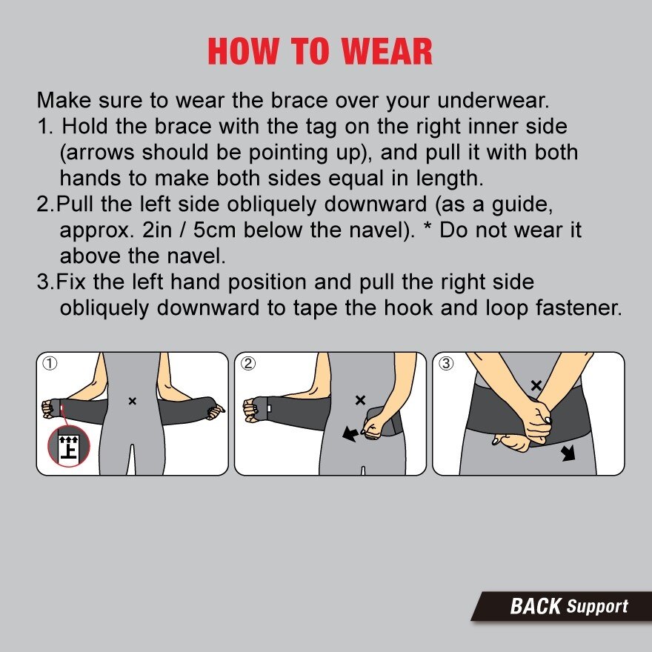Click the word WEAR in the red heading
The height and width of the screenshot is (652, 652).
(x=387, y=51)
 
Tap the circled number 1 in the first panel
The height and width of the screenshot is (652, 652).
(x=50, y=364)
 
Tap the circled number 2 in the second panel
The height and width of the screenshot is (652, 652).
(x=248, y=364)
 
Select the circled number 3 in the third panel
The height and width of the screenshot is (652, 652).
(x=446, y=364)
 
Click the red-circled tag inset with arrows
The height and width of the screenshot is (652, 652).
(x=69, y=447)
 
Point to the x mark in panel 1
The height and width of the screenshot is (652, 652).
(x=132, y=402)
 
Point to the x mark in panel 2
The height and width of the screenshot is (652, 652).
(x=361, y=400)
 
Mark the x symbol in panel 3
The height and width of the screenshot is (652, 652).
(x=536, y=385)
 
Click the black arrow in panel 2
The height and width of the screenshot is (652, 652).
(x=350, y=434)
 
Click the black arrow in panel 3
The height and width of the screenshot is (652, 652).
(x=568, y=453)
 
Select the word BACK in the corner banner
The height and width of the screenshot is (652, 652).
(x=536, y=606)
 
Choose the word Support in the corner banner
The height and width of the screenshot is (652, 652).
(x=597, y=607)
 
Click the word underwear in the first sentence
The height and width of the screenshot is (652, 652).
(x=493, y=100)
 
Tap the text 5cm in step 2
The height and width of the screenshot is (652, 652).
(x=215, y=230)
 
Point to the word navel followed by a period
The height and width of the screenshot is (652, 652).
(x=196, y=256)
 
